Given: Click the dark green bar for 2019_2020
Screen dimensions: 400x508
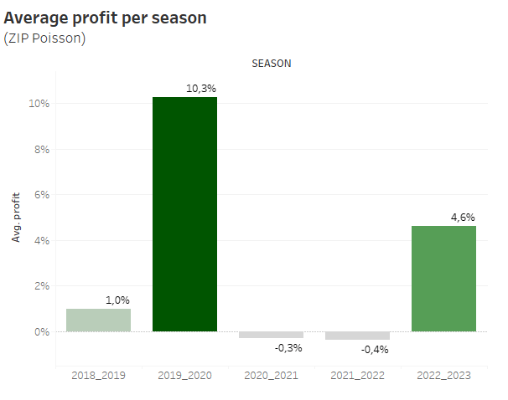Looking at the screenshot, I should (184, 214).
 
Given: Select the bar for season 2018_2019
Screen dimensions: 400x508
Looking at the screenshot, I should (98, 321).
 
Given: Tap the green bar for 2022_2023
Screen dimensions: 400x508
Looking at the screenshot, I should (443, 279).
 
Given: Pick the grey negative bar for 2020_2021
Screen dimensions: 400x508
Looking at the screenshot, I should (271, 335).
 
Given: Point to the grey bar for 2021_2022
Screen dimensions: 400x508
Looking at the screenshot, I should (357, 336).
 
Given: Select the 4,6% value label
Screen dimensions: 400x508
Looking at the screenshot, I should (463, 217).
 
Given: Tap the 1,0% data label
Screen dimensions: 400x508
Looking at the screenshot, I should (117, 300).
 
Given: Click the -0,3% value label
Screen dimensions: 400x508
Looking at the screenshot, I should (289, 347).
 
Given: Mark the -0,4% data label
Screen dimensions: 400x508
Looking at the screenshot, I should (376, 349).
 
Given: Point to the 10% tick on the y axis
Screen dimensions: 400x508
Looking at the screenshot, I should (39, 104).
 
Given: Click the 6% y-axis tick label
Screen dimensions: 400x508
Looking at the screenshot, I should (41, 195).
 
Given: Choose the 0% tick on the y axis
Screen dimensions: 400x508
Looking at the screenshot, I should (41, 332).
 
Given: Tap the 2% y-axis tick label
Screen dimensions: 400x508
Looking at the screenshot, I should (41, 286).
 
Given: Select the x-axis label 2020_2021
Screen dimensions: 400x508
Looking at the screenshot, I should (271, 376).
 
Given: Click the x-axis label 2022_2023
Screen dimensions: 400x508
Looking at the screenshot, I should (443, 376).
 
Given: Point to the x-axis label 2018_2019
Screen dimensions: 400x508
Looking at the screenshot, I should (98, 376).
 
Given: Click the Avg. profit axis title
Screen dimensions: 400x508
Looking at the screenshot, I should (15, 218).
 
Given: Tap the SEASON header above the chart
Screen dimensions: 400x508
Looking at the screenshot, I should (271, 63).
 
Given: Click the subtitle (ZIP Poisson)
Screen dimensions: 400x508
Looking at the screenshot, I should (44, 38).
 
